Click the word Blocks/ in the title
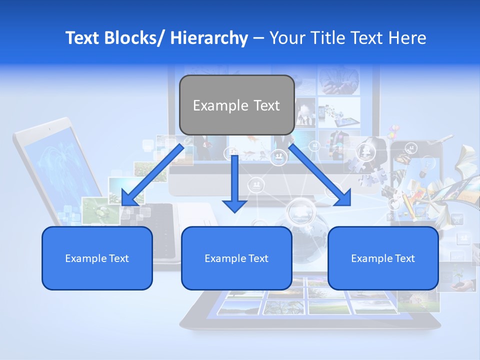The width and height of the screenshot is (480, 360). tap(134, 38)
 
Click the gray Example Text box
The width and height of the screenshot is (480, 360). tap(236, 105)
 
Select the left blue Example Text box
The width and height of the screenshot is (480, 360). tap(97, 258)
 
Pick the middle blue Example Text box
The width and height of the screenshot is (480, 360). tap(236, 258)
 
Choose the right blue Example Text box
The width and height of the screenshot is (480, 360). tap(383, 258)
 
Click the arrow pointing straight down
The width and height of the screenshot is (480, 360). tap(234, 185)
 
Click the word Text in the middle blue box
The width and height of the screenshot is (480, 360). tap(258, 258)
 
